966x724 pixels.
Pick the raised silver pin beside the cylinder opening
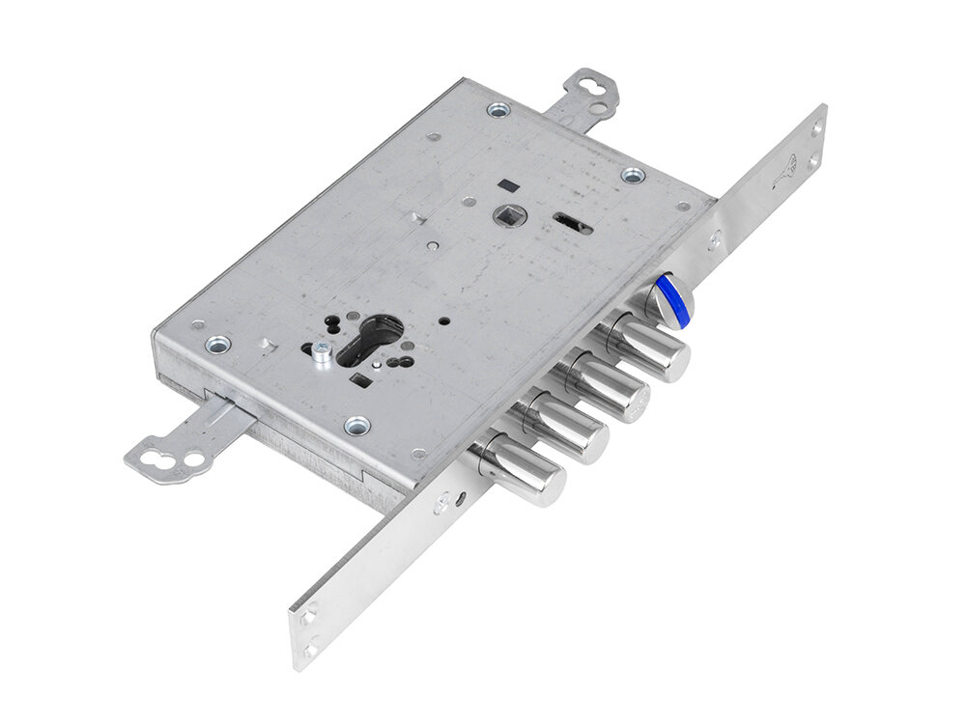[321, 353]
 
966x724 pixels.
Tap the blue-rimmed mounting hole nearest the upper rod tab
[498, 109]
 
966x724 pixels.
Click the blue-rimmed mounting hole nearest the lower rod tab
[218, 344]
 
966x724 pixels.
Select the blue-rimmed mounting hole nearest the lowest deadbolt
[357, 425]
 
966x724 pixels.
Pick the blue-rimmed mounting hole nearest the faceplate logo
[633, 176]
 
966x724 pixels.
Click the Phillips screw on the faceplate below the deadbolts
[441, 502]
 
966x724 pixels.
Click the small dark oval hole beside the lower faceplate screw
[463, 496]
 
